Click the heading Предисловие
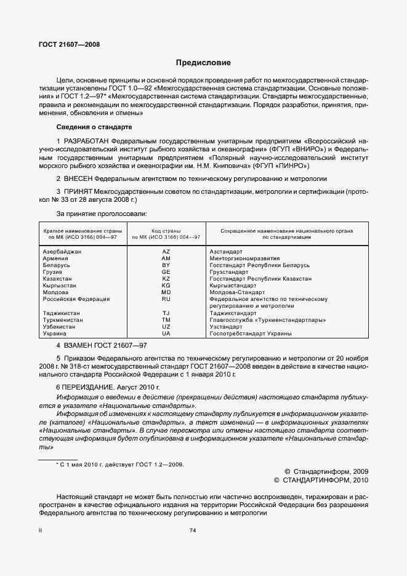[203, 63]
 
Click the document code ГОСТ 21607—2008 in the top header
[70, 44]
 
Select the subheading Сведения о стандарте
[94, 127]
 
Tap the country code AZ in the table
[166, 252]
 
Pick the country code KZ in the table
[166, 279]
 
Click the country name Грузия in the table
[53, 272]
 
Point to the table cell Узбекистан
[61, 327]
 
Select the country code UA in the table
[166, 334]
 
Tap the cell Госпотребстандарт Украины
[251, 334]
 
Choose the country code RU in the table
[166, 299]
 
